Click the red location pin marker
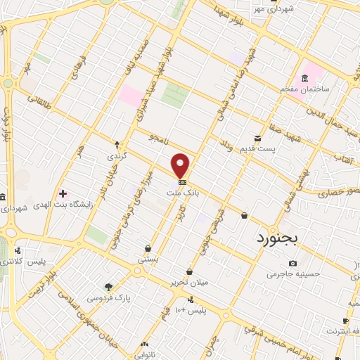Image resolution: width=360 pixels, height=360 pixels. (181, 165)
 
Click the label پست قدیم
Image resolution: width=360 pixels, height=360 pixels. (274, 148)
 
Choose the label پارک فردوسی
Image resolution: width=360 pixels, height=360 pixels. (109, 297)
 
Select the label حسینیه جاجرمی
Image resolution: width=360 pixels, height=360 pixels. (293, 274)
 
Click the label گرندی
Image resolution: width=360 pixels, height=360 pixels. (115, 155)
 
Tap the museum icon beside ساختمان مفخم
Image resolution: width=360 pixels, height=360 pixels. (304, 77)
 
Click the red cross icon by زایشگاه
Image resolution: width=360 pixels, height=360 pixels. (63, 193)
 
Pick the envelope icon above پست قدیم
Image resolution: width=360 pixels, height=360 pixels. (258, 138)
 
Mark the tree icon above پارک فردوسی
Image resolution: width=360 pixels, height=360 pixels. (108, 286)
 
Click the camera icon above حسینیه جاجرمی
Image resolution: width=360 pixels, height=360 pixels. (292, 263)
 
